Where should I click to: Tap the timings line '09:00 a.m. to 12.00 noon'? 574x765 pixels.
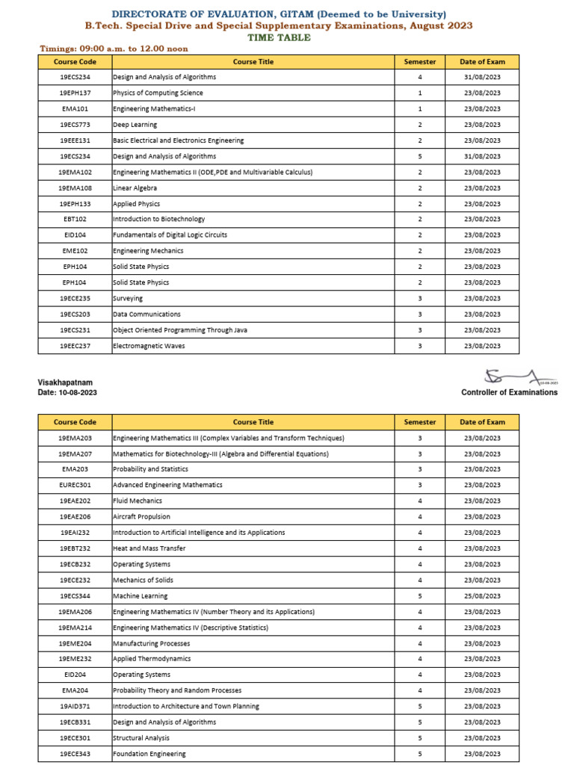pyautogui.click(x=113, y=49)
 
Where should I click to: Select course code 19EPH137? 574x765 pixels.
pyautogui.click(x=75, y=93)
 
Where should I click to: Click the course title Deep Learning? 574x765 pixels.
pyautogui.click(x=130, y=125)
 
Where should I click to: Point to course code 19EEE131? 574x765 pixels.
pyautogui.click(x=75, y=140)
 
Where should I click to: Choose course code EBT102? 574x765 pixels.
pyautogui.click(x=75, y=220)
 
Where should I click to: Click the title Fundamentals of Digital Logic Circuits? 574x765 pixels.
pyautogui.click(x=170, y=235)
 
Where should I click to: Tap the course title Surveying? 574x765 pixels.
pyautogui.click(x=128, y=298)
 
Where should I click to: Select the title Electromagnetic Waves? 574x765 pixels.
pyautogui.click(x=149, y=346)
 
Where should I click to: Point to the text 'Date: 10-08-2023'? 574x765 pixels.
pyautogui.click(x=67, y=393)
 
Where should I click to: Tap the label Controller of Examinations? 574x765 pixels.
pyautogui.click(x=509, y=392)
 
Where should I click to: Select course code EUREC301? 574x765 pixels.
pyautogui.click(x=75, y=485)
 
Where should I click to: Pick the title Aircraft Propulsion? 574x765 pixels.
pyautogui.click(x=141, y=516)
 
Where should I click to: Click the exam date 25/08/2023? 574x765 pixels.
pyautogui.click(x=482, y=596)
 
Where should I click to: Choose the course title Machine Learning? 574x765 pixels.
pyautogui.click(x=140, y=596)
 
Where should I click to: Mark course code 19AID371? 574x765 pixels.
pyautogui.click(x=75, y=706)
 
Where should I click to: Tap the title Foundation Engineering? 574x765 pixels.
pyautogui.click(x=149, y=754)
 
